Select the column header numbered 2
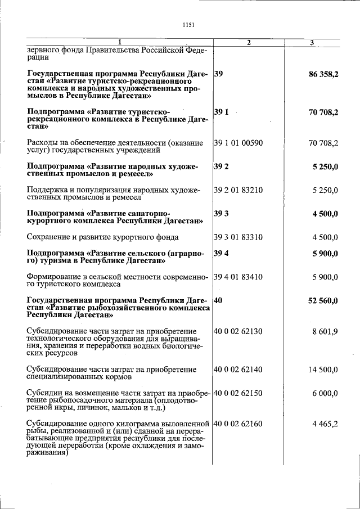point(249,43)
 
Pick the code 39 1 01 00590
point(238,143)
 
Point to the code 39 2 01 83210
point(238,190)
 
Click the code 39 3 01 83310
point(238,237)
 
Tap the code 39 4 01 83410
point(238,277)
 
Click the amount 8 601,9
point(326,331)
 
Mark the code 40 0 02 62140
point(238,370)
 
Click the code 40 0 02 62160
point(238,424)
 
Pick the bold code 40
point(219,301)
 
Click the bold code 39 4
point(221,253)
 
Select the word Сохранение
point(50,237)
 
